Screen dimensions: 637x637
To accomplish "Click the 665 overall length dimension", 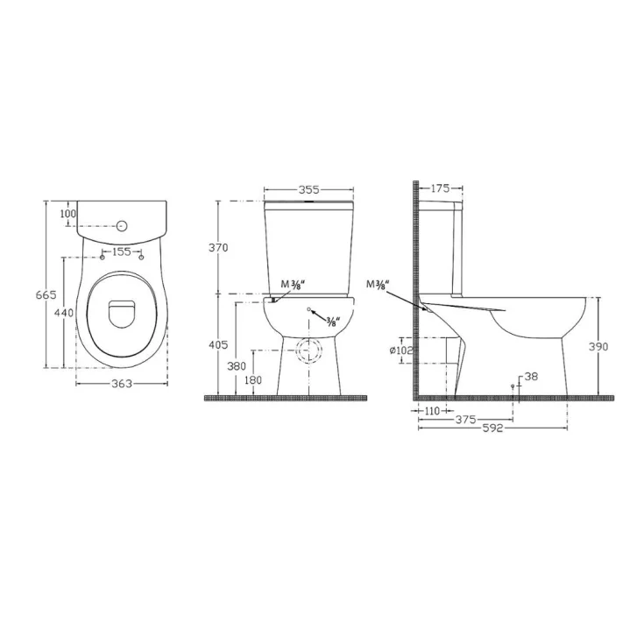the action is pyautogui.click(x=46, y=295).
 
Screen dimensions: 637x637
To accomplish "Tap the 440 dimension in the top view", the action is pyautogui.click(x=65, y=313).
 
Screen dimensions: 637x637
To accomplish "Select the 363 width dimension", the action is pyautogui.click(x=122, y=384).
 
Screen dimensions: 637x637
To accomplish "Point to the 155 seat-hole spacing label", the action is pyautogui.click(x=122, y=251).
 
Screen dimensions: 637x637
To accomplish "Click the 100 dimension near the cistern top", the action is pyautogui.click(x=67, y=213).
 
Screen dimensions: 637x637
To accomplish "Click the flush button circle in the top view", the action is pyautogui.click(x=122, y=226).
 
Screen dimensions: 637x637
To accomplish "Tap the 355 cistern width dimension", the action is pyautogui.click(x=309, y=190).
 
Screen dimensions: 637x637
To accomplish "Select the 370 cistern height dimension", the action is pyautogui.click(x=218, y=247).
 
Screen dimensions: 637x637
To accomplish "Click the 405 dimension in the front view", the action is pyautogui.click(x=218, y=345).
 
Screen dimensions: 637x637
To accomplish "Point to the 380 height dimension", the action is pyautogui.click(x=237, y=366).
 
